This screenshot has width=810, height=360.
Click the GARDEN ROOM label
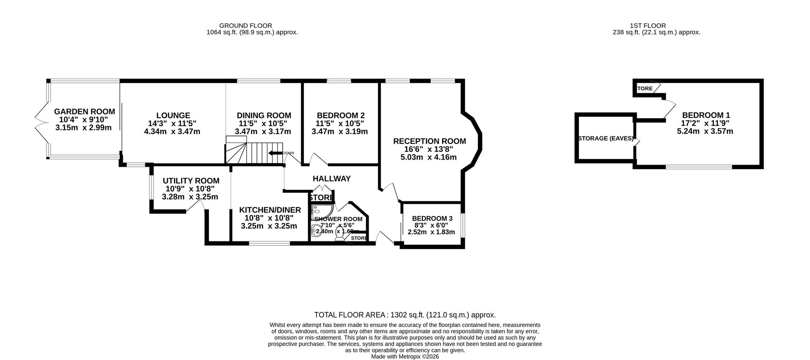click(x=84, y=112)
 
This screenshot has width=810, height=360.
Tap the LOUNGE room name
click(x=173, y=116)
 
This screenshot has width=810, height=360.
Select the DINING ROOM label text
click(x=264, y=116)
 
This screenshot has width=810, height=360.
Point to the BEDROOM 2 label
click(x=340, y=116)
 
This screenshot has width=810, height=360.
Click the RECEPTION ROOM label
click(x=429, y=141)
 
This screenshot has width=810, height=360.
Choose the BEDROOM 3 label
click(x=432, y=219)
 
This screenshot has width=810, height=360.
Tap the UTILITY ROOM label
click(x=191, y=181)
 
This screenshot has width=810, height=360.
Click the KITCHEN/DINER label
click(x=270, y=210)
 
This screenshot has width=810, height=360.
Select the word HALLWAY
click(x=332, y=179)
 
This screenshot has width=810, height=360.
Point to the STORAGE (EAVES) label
click(x=605, y=138)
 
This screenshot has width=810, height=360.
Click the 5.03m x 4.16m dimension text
click(x=428, y=157)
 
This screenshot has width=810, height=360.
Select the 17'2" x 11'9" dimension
click(x=705, y=123)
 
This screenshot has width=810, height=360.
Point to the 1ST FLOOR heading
click(x=656, y=26)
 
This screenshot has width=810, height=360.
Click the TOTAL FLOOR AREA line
click(x=405, y=315)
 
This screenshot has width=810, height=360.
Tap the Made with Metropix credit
click(x=405, y=357)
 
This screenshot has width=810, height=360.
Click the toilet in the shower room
click(x=339, y=239)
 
